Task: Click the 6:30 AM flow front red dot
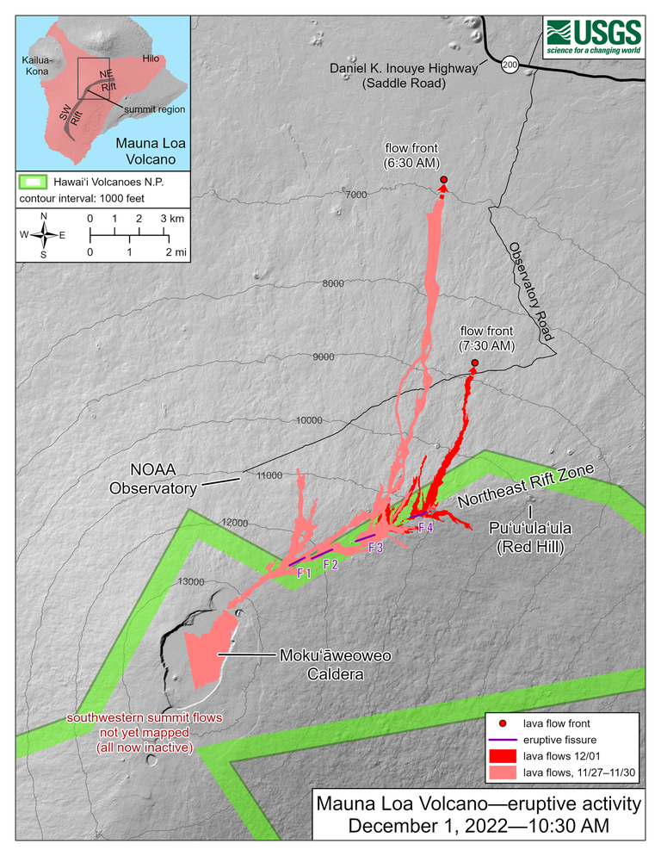click(x=444, y=180)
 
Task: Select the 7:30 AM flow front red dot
click(x=475, y=363)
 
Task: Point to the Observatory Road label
click(x=528, y=291)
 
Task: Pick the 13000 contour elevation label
click(x=190, y=581)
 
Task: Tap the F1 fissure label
click(x=303, y=573)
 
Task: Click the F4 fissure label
click(x=425, y=527)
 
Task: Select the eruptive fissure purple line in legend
click(x=503, y=740)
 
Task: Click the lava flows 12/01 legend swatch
click(x=503, y=756)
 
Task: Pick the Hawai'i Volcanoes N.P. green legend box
click(x=32, y=182)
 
